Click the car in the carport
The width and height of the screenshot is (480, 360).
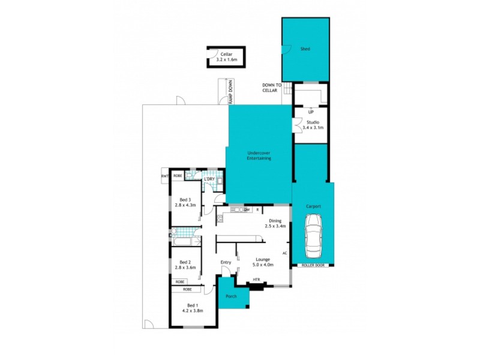coord(313,235)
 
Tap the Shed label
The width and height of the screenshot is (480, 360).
coord(305,49)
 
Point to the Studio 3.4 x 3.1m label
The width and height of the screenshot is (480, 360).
coord(311,125)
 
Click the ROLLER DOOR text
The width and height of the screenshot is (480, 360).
coord(313,265)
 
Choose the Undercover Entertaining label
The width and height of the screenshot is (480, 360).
coord(259,156)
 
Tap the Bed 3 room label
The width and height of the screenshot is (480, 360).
coord(186,202)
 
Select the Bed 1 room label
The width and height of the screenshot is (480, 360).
coord(193,307)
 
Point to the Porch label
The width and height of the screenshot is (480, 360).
coord(231,296)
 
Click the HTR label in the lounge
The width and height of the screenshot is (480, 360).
coord(256,280)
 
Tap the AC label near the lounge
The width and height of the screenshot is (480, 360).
coord(284,253)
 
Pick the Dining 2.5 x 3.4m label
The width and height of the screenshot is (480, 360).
coord(275,223)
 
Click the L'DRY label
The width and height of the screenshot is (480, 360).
coord(209,179)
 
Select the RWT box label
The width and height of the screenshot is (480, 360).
coord(164,176)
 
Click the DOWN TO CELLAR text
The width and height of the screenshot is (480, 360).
coord(271,88)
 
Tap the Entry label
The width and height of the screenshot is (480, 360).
coord(226,262)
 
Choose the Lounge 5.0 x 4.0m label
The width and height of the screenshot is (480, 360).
coord(263,262)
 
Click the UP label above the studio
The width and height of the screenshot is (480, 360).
coord(310,112)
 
